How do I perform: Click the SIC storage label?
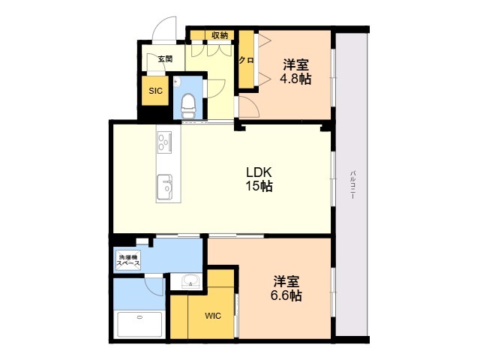tap(155, 91)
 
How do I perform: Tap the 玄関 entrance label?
tap(165, 59)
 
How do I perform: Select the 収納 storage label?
tap(219, 35)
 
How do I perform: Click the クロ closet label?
tap(246, 60)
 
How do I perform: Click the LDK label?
tap(258, 172)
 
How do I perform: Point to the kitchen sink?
tap(163, 184)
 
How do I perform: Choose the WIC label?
tap(213, 316)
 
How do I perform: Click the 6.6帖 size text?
tap(286, 295)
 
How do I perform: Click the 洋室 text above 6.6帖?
tap(286, 281)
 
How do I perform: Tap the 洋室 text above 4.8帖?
tap(296, 63)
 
